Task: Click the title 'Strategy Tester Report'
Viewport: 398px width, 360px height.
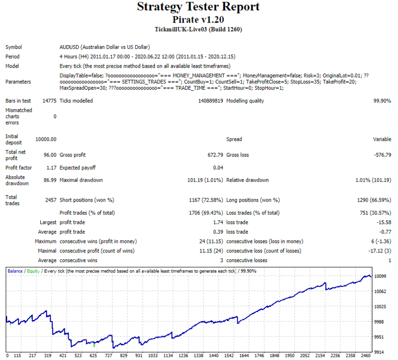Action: pyautogui.click(x=198, y=7)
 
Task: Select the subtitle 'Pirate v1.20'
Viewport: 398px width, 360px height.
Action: pyautogui.click(x=198, y=20)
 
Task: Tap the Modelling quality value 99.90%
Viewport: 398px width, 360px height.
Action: pyautogui.click(x=382, y=101)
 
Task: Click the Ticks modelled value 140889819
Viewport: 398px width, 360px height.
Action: pyautogui.click(x=210, y=101)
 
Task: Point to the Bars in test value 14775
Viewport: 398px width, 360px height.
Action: pyautogui.click(x=49, y=101)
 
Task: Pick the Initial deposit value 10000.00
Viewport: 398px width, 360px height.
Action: pyautogui.click(x=46, y=139)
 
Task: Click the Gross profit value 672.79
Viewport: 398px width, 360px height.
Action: pyautogui.click(x=215, y=155)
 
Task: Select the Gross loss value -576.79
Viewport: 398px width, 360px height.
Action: pyautogui.click(x=383, y=155)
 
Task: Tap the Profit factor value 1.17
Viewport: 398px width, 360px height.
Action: pyautogui.click(x=51, y=168)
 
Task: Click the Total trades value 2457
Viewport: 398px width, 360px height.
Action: pyautogui.click(x=51, y=200)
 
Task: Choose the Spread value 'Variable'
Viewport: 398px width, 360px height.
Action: pyautogui.click(x=382, y=139)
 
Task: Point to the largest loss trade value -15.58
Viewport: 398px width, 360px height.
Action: pyautogui.click(x=384, y=222)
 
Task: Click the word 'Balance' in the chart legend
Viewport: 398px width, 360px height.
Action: pyautogui.click(x=15, y=271)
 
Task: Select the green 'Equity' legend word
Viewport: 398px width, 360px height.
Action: pyautogui.click(x=33, y=271)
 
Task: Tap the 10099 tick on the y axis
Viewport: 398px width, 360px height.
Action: pyautogui.click(x=380, y=276)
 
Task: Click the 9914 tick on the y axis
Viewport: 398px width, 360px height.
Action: pyautogui.click(x=380, y=352)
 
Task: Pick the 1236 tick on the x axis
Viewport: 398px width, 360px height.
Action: pyautogui.click(x=183, y=355)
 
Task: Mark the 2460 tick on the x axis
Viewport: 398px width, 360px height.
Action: pyautogui.click(x=366, y=355)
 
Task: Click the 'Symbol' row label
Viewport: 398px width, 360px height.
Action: pyautogui.click(x=14, y=47)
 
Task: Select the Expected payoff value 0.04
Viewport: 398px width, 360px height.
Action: pyautogui.click(x=218, y=168)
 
